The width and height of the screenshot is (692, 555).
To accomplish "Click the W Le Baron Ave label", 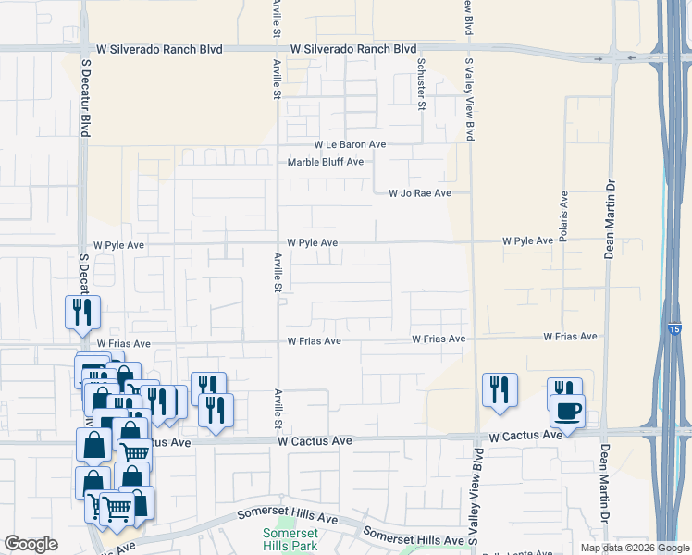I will [350, 145].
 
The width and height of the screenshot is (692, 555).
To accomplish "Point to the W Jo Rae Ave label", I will [419, 193].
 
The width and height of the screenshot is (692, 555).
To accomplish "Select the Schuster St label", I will [421, 84].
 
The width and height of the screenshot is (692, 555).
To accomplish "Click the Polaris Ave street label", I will [562, 213].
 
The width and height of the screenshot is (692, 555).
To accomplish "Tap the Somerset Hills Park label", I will [290, 539].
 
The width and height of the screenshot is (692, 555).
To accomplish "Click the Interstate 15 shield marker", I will [673, 329].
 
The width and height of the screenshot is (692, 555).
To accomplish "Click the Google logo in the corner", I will [31, 544].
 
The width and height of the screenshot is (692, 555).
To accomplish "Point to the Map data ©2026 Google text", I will [634, 547].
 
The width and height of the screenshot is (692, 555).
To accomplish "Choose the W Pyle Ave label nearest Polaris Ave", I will [527, 240].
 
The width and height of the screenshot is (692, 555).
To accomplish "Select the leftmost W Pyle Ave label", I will [113, 245].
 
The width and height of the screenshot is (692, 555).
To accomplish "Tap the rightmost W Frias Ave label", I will [570, 338].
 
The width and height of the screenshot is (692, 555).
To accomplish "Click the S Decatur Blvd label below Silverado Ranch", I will [86, 98].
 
